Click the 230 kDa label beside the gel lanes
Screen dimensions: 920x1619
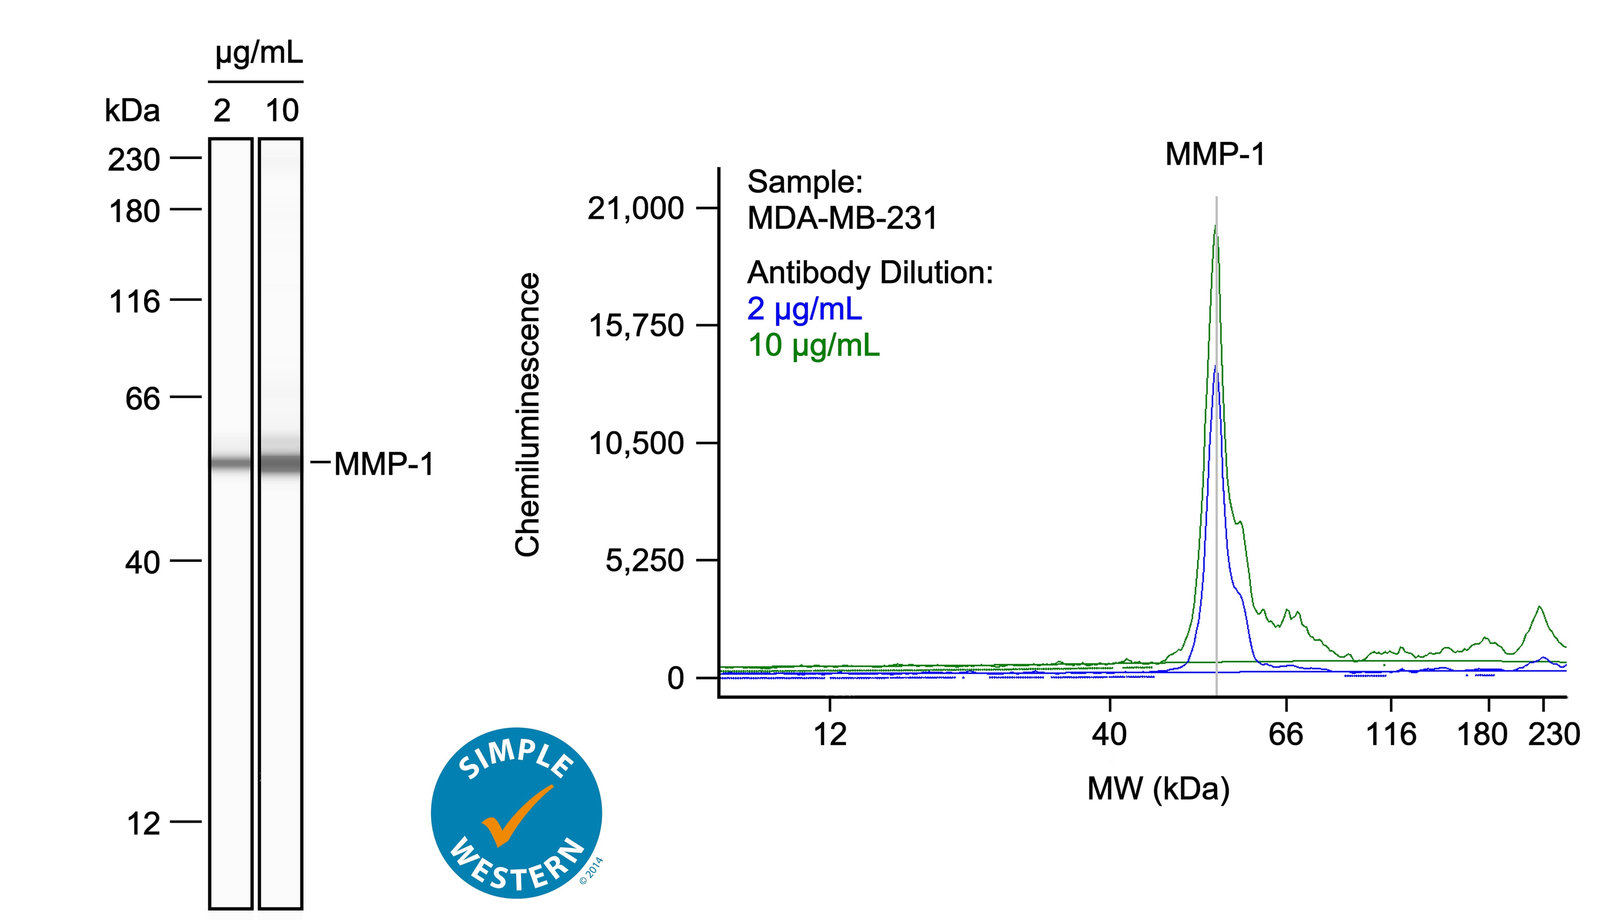click(134, 160)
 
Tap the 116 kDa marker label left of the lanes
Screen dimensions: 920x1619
click(134, 301)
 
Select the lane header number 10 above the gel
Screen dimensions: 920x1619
click(282, 111)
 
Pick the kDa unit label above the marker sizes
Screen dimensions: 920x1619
click(132, 111)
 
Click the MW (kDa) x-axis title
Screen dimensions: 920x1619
click(1158, 788)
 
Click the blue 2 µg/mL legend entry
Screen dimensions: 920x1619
click(804, 309)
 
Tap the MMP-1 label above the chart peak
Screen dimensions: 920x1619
click(1215, 154)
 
